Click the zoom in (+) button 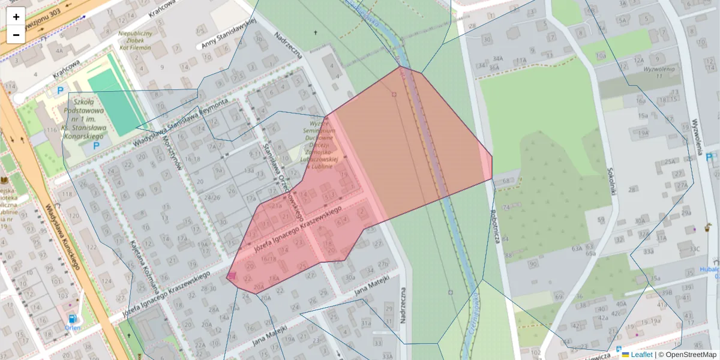(16, 17)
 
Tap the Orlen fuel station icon (73, 319)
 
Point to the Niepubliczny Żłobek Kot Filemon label (135, 40)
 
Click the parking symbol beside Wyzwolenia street (709, 157)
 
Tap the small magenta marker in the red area (232, 275)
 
